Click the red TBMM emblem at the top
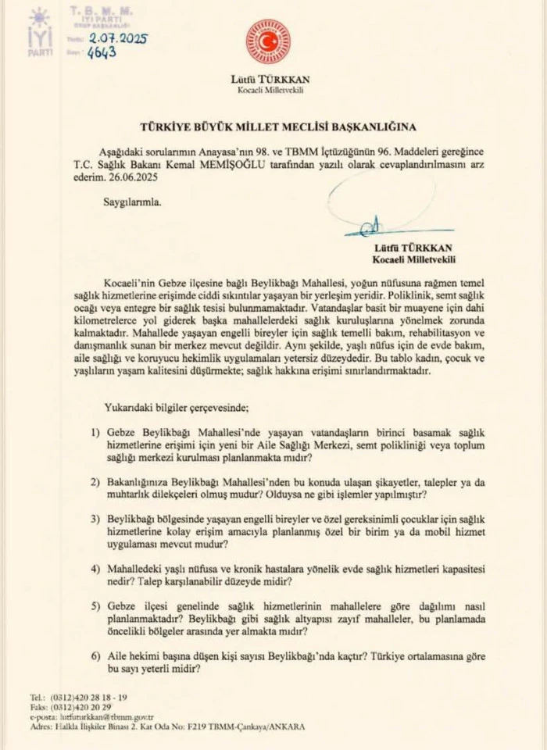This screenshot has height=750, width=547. coord(268,41)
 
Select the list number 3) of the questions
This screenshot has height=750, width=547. coord(96,518)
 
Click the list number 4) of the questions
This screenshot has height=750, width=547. coord(96,566)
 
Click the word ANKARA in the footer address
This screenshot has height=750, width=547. coord(284,725)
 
